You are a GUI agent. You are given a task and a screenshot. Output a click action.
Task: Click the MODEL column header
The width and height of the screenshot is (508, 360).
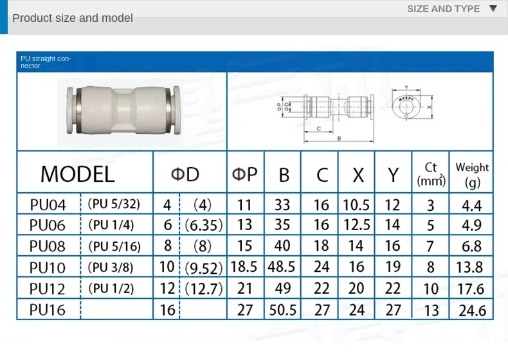[x=77, y=174]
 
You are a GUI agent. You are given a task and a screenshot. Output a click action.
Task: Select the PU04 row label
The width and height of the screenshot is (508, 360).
[x=48, y=205]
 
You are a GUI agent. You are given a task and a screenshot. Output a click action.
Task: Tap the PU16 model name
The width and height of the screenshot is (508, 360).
[x=48, y=310]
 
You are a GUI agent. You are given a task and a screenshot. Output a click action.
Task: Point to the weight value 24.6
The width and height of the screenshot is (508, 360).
[x=473, y=310]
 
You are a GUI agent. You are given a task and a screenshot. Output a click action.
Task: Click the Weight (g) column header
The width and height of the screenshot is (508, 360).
[x=472, y=174]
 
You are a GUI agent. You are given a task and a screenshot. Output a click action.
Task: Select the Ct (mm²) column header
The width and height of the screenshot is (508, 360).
[x=431, y=174]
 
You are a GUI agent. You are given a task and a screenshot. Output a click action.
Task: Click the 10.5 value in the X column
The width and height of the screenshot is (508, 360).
[x=358, y=205]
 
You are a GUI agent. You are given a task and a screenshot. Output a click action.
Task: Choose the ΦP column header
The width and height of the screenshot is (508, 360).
[x=245, y=174]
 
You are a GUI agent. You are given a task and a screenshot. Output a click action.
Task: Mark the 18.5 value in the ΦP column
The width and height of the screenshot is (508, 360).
[x=245, y=267]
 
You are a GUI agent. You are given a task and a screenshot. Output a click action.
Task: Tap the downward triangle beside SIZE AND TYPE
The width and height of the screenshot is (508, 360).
[x=493, y=9]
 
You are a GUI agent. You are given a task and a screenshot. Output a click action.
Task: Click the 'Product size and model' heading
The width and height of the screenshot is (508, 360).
[x=73, y=18]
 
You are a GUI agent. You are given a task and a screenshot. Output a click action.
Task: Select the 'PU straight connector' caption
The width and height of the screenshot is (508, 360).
[x=46, y=62]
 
